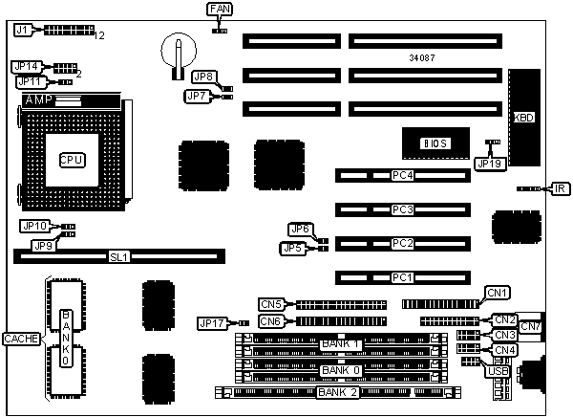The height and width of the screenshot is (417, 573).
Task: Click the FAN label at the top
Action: tap(219, 10)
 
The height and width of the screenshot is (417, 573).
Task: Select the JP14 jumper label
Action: tap(27, 66)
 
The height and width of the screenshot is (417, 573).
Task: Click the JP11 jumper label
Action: tap(27, 82)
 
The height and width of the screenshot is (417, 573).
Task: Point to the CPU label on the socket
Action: tap(71, 160)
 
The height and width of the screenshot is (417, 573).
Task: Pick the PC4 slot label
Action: tap(402, 176)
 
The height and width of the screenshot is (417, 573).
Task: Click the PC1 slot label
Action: tap(402, 278)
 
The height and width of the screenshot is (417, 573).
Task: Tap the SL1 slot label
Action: tap(118, 257)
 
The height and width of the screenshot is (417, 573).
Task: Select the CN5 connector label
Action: tap(272, 305)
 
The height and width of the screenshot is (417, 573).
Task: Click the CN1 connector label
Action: tap(497, 293)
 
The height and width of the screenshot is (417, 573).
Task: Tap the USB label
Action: tap(500, 372)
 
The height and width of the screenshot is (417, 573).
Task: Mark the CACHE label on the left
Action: tap(18, 339)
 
